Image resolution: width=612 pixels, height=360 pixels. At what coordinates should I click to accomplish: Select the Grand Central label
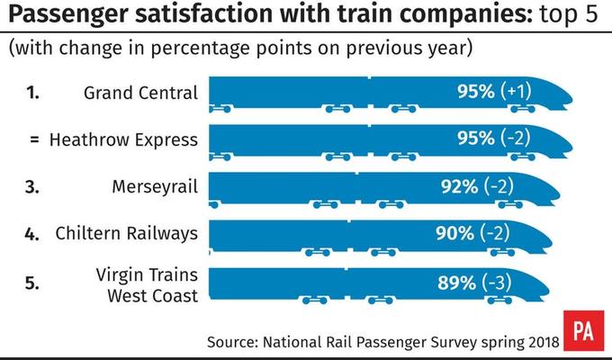[139, 92]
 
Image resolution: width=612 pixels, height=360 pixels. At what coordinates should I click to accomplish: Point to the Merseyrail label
[155, 186]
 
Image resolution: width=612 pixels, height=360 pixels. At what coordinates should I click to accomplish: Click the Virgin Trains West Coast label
[147, 286]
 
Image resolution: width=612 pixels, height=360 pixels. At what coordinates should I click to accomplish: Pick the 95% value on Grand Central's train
[474, 91]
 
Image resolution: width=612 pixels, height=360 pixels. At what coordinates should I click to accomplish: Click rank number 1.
[33, 92]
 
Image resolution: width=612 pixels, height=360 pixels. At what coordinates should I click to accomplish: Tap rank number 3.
[33, 186]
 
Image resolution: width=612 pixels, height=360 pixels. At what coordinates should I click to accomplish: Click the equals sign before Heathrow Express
[34, 139]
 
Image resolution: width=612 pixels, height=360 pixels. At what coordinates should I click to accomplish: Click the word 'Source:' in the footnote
[234, 342]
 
